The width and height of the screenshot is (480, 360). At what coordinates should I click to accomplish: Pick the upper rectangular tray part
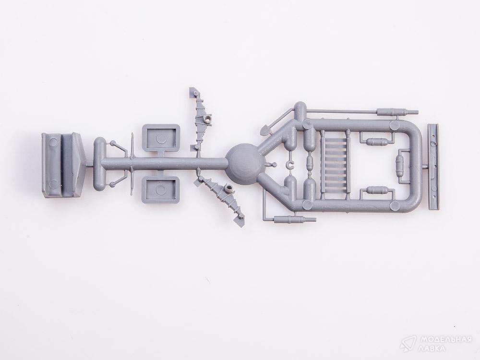pos(161,138)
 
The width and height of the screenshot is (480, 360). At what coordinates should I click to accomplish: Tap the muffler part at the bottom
pos(295,219)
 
